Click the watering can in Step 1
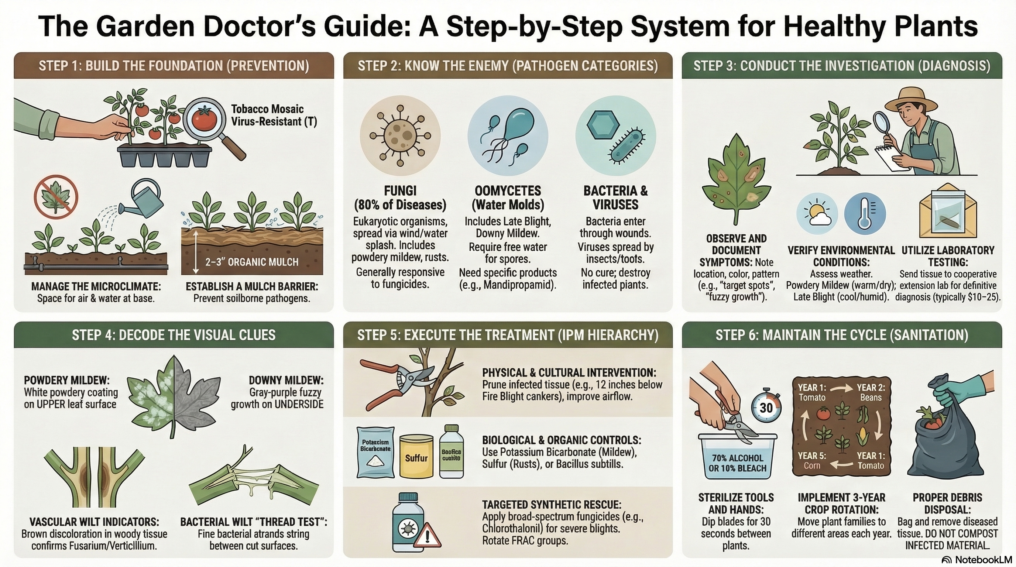tap(144, 200)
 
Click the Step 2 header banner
tap(508, 65)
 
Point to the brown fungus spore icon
tap(400, 135)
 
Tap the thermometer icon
tap(865, 214)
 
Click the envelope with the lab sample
tap(948, 214)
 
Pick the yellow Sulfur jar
tap(416, 456)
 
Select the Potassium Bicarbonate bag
tap(375, 452)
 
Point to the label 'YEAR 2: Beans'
tap(871, 392)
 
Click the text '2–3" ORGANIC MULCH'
tap(252, 262)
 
